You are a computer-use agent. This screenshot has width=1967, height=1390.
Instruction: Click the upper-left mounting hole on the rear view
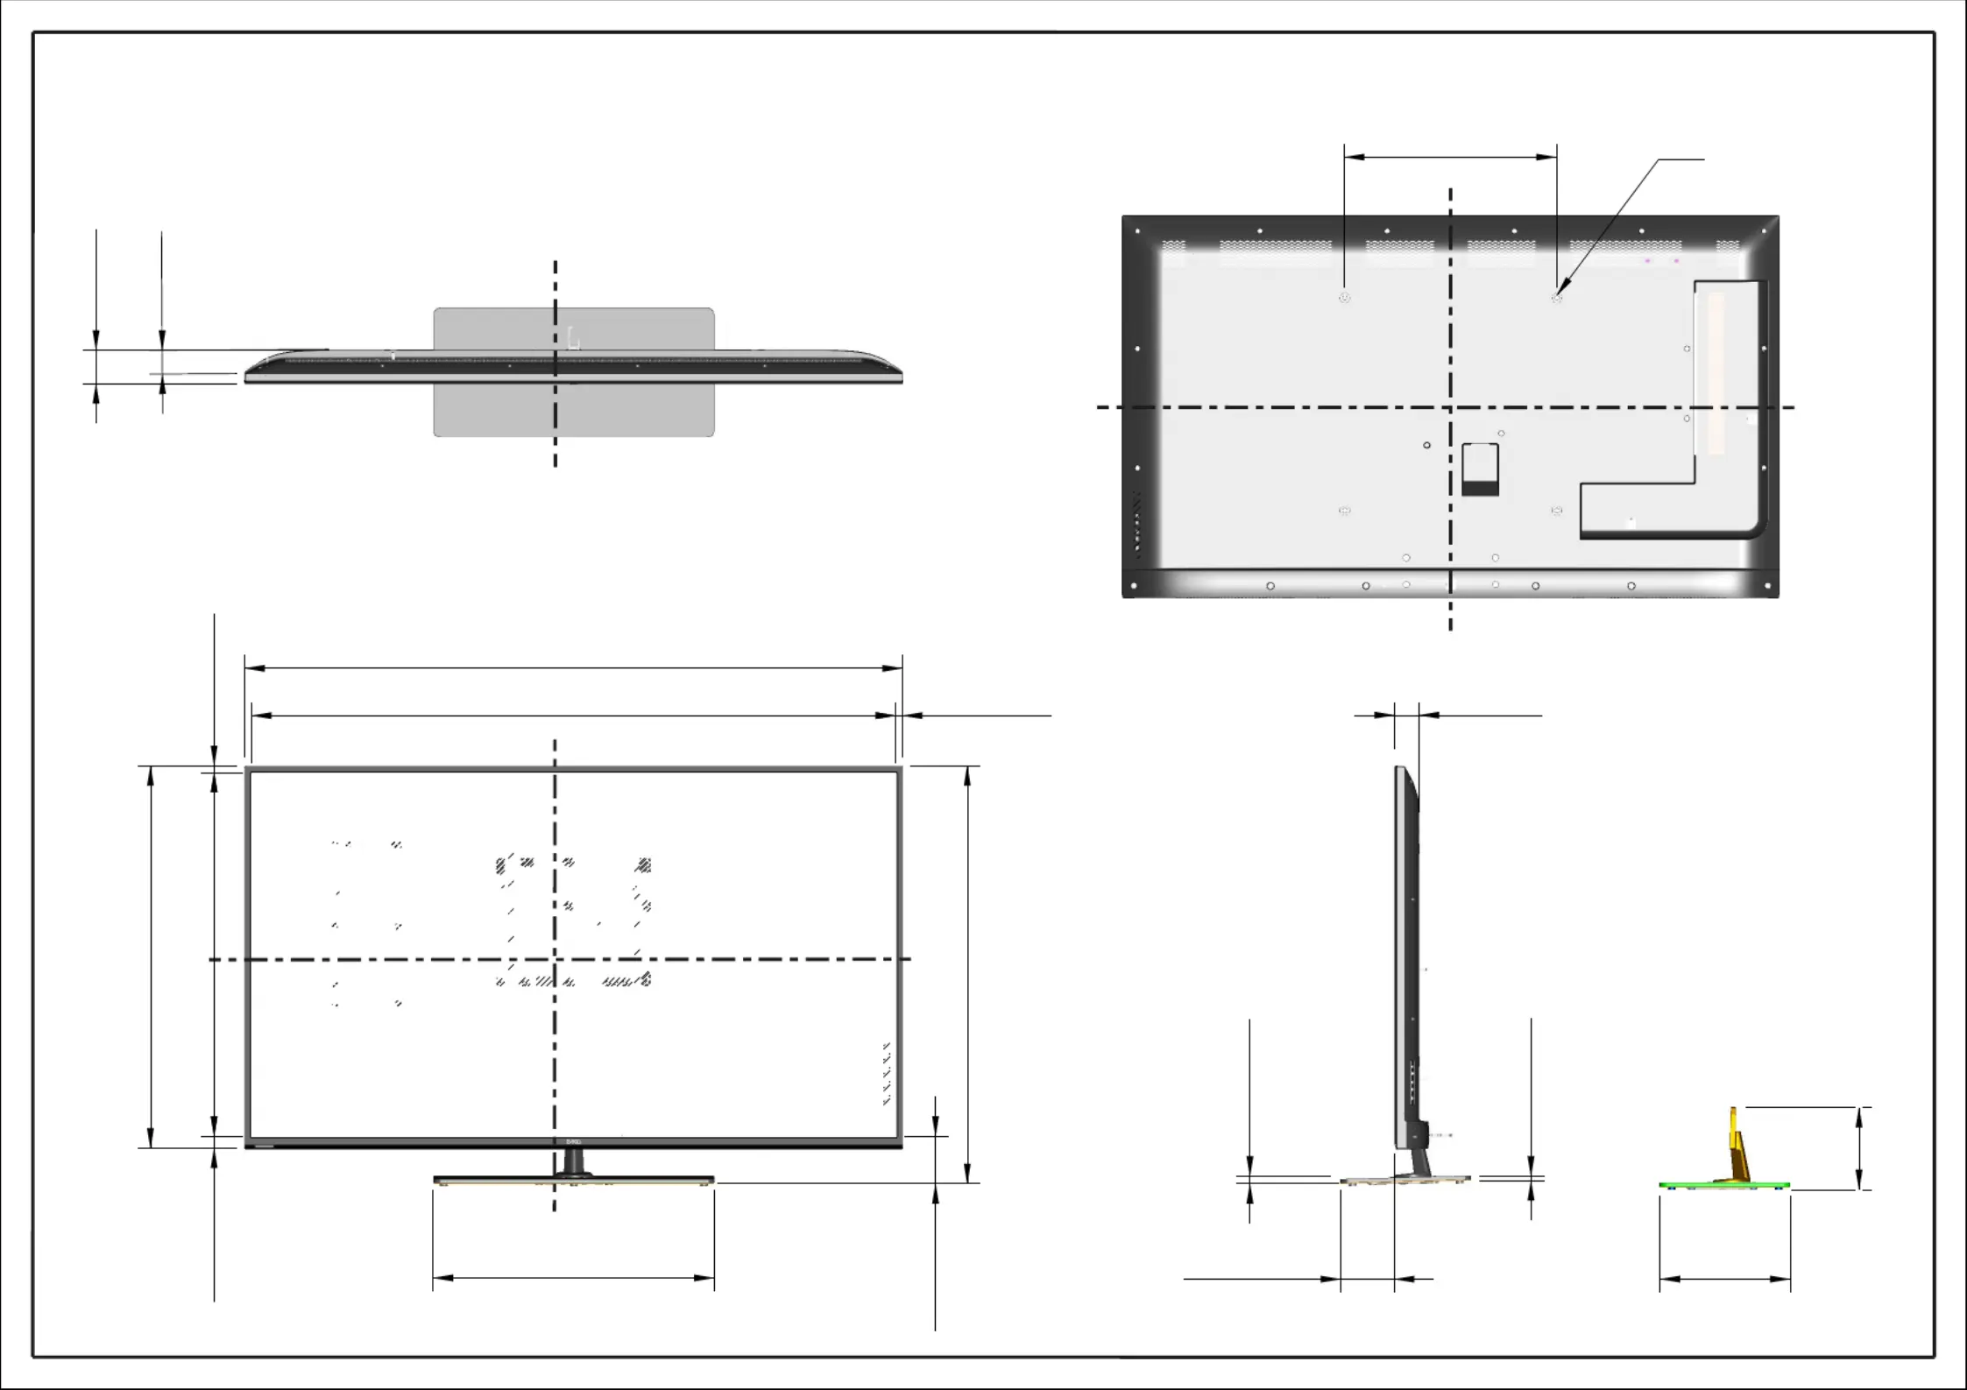click(x=1344, y=298)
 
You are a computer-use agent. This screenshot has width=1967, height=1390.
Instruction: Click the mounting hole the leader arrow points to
click(x=1556, y=298)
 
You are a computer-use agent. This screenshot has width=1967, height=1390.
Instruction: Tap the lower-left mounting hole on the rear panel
click(x=1345, y=510)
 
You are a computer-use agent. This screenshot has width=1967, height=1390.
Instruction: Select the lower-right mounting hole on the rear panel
click(x=1556, y=510)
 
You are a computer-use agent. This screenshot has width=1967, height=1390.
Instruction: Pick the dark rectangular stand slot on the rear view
click(x=1480, y=470)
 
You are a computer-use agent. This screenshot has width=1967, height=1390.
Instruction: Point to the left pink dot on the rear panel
click(x=1647, y=260)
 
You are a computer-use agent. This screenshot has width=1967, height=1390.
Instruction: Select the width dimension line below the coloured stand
click(x=1724, y=1279)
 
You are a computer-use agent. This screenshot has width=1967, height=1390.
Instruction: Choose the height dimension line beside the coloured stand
click(x=1858, y=1148)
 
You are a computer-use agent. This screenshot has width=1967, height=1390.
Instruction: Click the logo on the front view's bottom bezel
click(x=573, y=1142)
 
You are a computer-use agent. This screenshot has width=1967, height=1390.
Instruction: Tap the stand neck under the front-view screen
click(x=573, y=1162)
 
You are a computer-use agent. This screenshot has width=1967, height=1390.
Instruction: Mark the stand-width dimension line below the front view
click(x=573, y=1278)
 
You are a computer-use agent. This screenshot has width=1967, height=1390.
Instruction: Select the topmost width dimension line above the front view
click(x=573, y=668)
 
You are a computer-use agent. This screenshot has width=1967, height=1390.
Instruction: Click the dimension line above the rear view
click(x=1450, y=158)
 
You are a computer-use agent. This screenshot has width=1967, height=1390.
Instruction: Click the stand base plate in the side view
click(x=1404, y=1181)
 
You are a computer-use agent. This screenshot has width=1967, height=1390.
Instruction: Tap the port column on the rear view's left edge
click(x=1137, y=526)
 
